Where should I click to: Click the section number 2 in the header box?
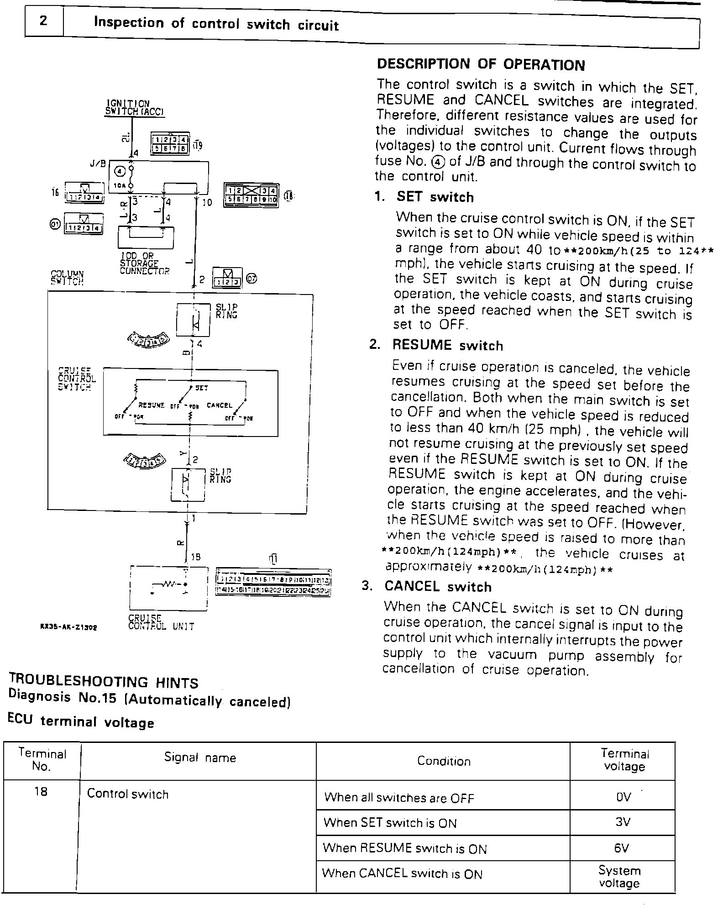pyautogui.click(x=43, y=21)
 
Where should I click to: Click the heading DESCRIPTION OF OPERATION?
pyautogui.click(x=481, y=65)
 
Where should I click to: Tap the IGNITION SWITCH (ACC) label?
pyautogui.click(x=134, y=108)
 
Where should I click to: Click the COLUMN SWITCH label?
pyautogui.click(x=67, y=278)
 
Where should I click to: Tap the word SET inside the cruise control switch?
pyautogui.click(x=201, y=388)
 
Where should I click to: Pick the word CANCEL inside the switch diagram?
pyautogui.click(x=220, y=405)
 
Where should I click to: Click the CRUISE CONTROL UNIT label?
pyautogui.click(x=161, y=622)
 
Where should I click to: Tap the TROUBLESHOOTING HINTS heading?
pyautogui.click(x=104, y=682)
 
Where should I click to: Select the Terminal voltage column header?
pyautogui.click(x=624, y=760)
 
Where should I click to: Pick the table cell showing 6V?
pyautogui.click(x=622, y=848)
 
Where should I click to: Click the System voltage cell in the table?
pyautogui.click(x=619, y=877)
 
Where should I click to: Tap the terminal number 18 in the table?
pyautogui.click(x=41, y=792)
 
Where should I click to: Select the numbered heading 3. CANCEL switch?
pyautogui.click(x=426, y=587)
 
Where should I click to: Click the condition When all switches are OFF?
pyautogui.click(x=399, y=798)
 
